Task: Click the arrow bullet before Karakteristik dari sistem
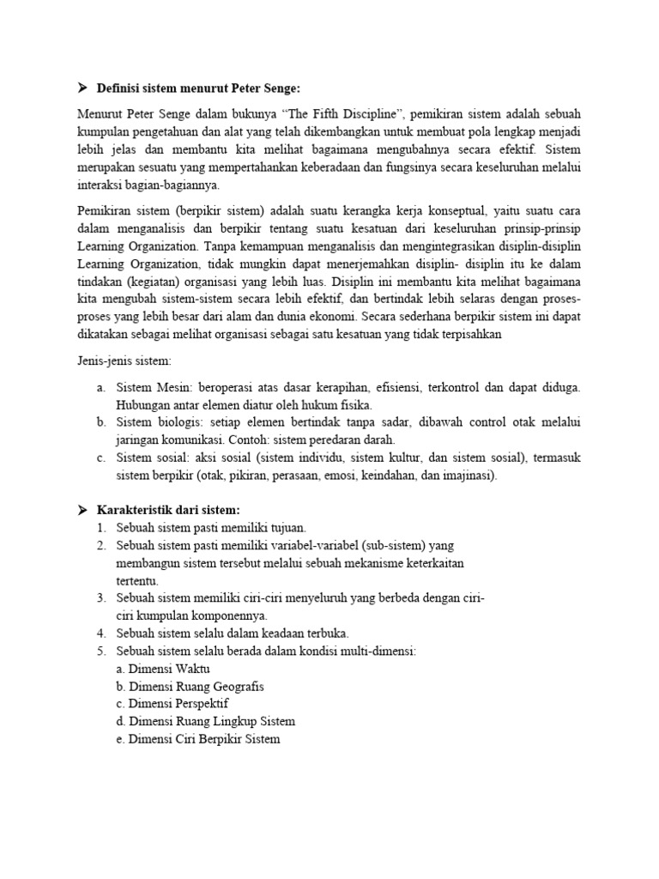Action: click(83, 510)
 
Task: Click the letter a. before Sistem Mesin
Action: click(100, 388)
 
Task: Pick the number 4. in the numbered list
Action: click(100, 633)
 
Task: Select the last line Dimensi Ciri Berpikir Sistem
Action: click(204, 739)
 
